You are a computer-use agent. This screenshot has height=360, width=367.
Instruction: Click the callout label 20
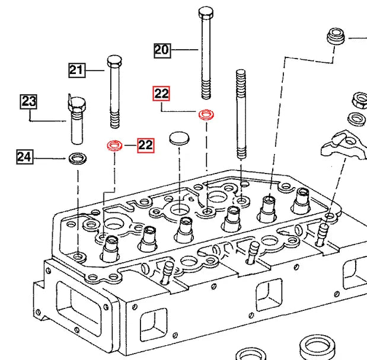point(162,50)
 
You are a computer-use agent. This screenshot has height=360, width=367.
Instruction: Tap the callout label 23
point(29,101)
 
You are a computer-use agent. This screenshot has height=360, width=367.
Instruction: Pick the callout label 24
point(24,157)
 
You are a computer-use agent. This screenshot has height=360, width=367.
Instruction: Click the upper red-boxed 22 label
point(161,94)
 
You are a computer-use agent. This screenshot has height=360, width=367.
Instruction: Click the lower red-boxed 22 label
point(145,144)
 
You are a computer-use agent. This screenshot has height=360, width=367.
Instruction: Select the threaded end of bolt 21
point(115,119)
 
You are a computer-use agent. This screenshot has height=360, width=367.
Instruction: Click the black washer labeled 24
point(77,158)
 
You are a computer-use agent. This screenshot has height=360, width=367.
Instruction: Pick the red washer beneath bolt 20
point(206,114)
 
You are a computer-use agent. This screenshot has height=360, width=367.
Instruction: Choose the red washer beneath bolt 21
point(114,145)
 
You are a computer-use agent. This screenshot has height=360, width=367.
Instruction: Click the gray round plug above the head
point(178,139)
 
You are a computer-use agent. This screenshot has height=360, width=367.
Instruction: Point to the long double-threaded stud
point(241,112)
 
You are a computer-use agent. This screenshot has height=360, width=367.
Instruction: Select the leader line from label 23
point(47,121)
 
